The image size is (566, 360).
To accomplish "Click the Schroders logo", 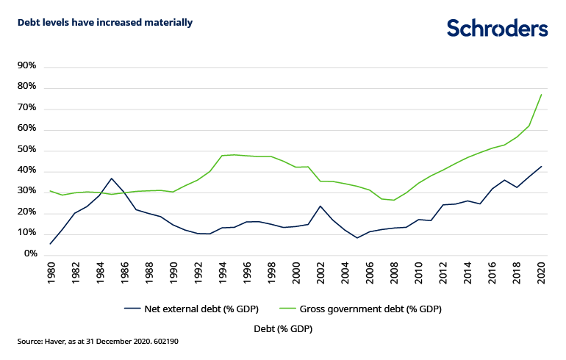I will tap(498, 28).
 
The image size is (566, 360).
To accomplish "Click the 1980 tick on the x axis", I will tap(51, 273).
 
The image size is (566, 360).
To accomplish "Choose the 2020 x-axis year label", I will tap(541, 273).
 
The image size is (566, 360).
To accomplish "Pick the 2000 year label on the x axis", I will tap(296, 273).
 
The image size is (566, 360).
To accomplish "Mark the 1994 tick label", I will tap(223, 273).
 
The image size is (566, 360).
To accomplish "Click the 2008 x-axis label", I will tap(394, 273).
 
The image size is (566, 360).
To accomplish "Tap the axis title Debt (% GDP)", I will tap(283, 329).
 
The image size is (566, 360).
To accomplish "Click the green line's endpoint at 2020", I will tap(541, 94).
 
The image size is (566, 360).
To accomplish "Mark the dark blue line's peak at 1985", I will tap(112, 178).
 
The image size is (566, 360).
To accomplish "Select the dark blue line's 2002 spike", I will tap(320, 206).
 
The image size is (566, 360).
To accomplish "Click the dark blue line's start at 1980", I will tap(51, 243).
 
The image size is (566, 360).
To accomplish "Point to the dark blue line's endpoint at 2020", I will tap(541, 166).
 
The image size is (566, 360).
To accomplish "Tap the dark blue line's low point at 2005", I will tap(357, 238).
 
